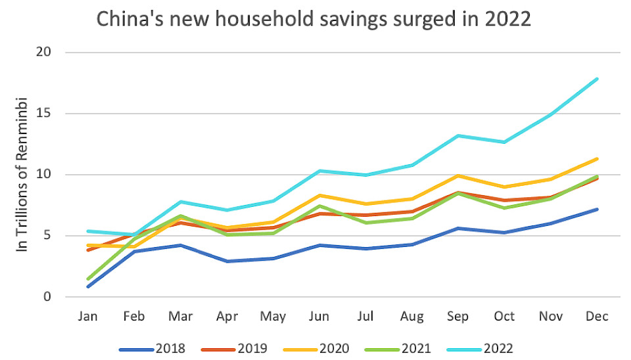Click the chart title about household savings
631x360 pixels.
point(314,18)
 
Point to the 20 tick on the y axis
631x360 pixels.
point(51,52)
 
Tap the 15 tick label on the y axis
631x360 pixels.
point(51,113)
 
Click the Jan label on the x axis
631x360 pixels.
point(87,317)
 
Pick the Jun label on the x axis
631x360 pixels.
point(319,317)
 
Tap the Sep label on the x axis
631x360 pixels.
point(458,317)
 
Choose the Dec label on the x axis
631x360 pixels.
point(596,317)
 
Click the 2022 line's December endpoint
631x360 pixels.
point(596,79)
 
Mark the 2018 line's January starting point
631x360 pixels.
point(87,286)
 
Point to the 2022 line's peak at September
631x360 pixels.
point(458,135)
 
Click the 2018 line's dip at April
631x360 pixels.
point(227,261)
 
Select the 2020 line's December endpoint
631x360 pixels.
point(596,158)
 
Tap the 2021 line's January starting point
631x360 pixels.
point(87,279)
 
